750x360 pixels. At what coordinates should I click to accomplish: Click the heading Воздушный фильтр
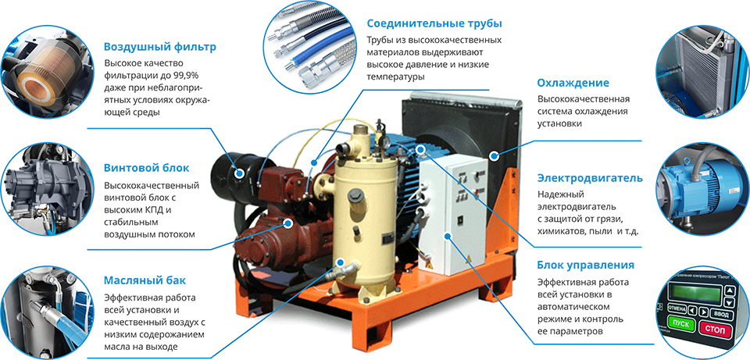[x=159, y=47]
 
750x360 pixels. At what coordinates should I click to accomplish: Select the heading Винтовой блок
[x=146, y=168]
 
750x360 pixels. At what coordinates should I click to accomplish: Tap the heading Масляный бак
[x=145, y=280]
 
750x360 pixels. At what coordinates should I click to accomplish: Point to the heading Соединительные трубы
[x=434, y=23]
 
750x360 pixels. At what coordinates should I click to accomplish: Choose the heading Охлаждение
[x=573, y=84]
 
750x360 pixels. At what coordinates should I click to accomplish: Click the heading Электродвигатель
[x=590, y=178]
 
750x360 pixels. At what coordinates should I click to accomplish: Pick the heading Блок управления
[x=585, y=266]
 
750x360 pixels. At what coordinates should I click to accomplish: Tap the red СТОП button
[x=715, y=330]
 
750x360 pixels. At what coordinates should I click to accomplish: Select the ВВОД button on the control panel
[x=720, y=314]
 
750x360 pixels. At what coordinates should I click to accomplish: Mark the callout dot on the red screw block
[x=288, y=223]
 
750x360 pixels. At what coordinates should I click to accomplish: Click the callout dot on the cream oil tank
[x=341, y=262]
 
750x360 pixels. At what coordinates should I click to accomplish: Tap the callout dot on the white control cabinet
[x=447, y=236]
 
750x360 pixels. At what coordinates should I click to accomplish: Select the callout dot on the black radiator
[x=494, y=155]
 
